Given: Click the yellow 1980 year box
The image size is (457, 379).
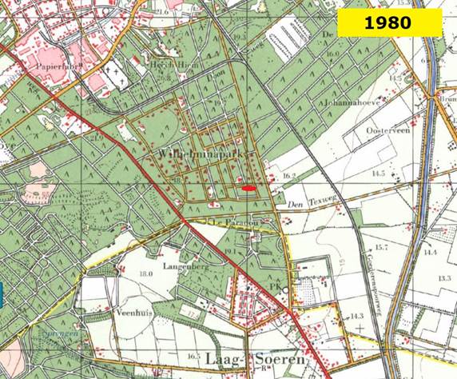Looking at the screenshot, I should coord(389,22).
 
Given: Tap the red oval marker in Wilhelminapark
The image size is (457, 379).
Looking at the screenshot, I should coord(249,188).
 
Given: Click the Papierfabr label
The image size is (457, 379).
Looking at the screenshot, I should coord(48,69).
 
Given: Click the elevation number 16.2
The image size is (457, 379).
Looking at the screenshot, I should coord(288,174).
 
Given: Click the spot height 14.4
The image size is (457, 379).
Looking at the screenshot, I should coord(431,251).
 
